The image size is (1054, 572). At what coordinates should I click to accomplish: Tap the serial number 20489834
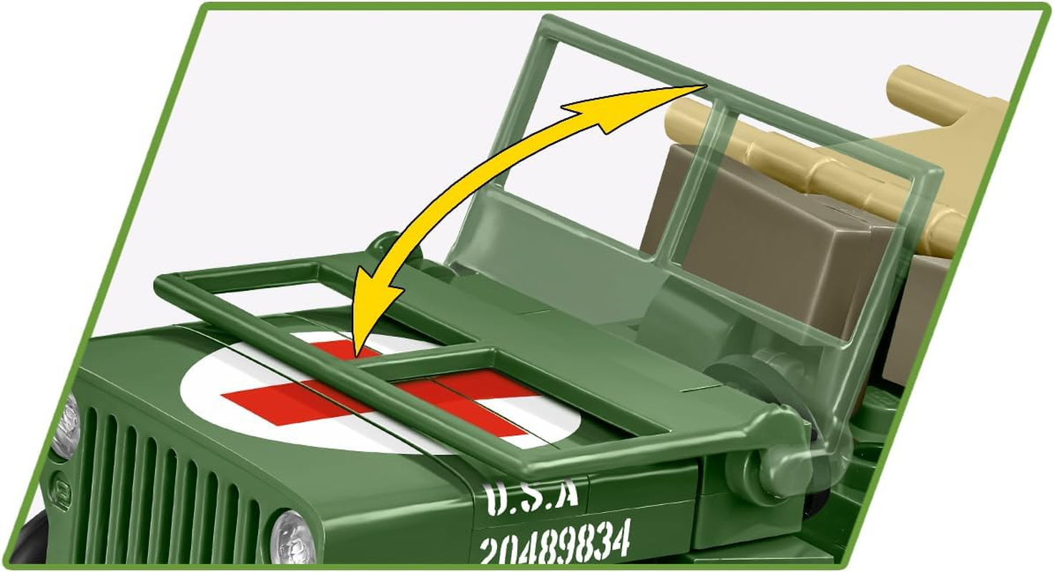point(555,541)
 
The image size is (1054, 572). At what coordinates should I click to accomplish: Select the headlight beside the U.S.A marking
point(294,536)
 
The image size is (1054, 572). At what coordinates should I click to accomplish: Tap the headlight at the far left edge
point(67,427)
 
